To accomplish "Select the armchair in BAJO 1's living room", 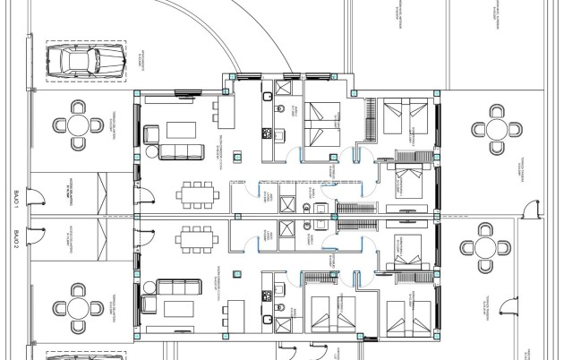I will click(150, 134).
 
